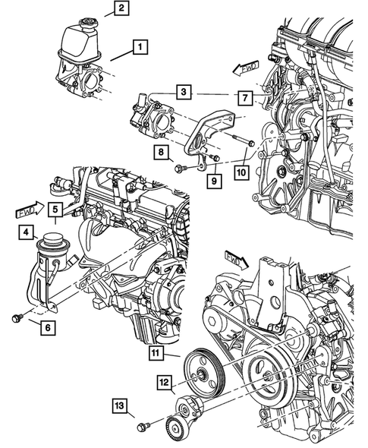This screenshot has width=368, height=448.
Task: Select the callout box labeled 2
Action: (122, 9)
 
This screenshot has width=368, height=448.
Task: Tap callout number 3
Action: (184, 93)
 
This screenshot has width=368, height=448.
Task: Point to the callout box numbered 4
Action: (26, 232)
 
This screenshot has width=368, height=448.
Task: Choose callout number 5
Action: (56, 209)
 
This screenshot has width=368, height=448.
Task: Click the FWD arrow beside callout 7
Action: (247, 71)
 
